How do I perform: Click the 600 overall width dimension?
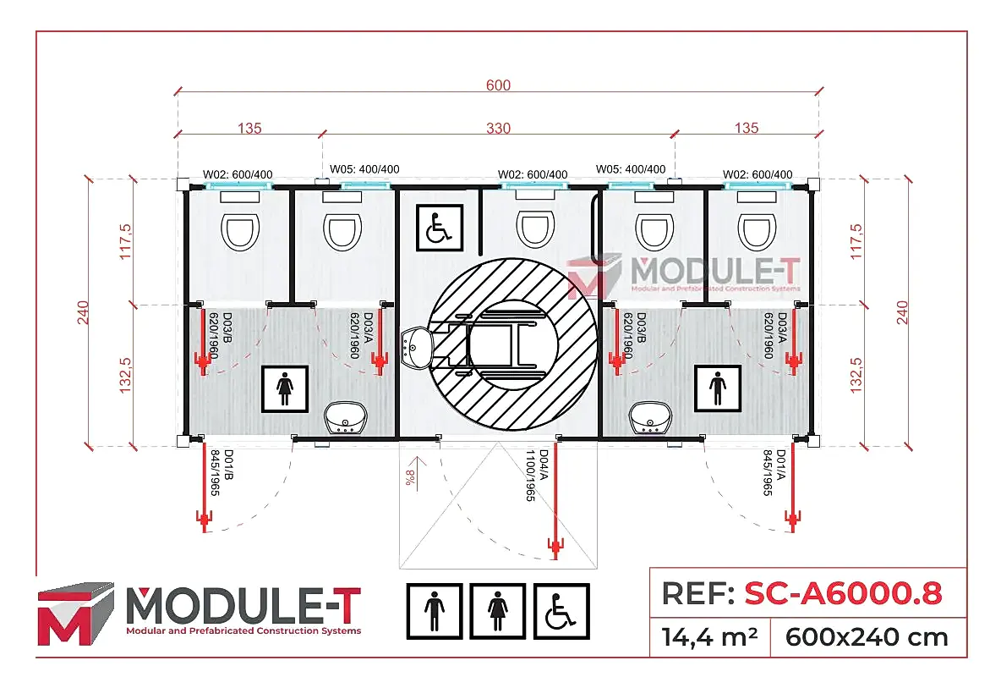point(498,85)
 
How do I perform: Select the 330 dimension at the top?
point(498,129)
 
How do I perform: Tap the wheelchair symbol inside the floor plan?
point(439,228)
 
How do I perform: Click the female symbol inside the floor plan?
point(285,388)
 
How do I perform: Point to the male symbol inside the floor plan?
point(719,388)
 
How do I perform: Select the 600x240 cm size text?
point(867,636)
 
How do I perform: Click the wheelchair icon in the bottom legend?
point(561,611)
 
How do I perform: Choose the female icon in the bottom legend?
point(498,611)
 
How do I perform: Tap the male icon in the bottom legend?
point(435,611)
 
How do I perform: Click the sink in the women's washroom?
point(347,417)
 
